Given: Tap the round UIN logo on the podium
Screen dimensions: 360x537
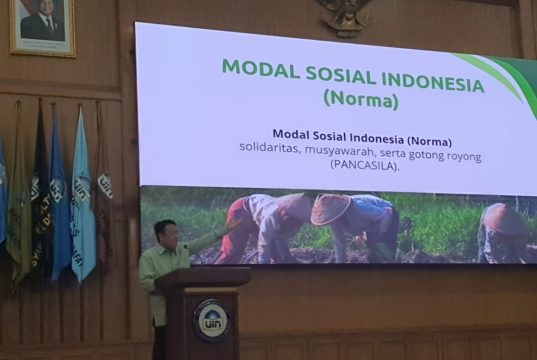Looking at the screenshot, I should (x=210, y=320).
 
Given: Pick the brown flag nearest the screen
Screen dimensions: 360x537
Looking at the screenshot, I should (x=104, y=185).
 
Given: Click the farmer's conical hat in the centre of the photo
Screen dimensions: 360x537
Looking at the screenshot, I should (x=331, y=208).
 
